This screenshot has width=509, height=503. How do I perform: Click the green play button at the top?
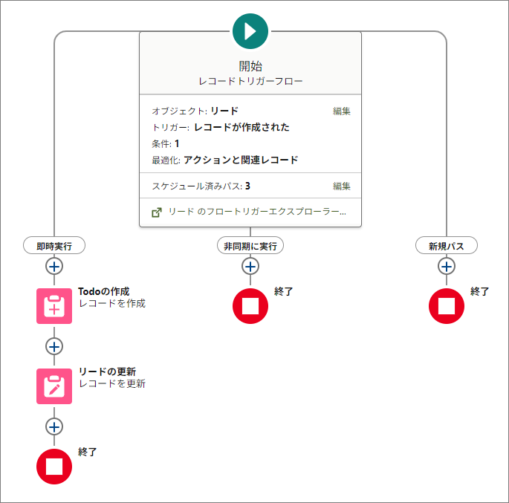pos(250,31)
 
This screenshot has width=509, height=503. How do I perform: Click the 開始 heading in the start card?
pos(250,66)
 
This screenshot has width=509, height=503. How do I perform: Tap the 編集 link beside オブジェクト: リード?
pos(342,111)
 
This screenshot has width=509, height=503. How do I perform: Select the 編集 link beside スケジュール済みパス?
pos(342,186)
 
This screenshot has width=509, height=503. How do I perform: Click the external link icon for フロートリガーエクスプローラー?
pos(157,212)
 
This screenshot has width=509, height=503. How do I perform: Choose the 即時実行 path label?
pos(54,245)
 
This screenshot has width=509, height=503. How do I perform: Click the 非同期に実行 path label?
pos(250,245)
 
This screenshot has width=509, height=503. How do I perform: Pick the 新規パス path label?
pos(447,245)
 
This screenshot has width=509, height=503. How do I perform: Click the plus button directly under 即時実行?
pos(54,266)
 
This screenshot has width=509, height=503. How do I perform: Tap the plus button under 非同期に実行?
pos(250,266)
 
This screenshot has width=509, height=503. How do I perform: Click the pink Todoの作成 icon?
pos(54,306)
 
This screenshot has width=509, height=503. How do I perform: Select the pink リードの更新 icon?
pos(54,386)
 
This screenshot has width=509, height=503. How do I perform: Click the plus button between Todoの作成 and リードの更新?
pos(54,346)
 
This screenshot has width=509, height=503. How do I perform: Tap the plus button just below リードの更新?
pos(54,426)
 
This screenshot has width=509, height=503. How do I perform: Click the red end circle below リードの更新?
pos(54,467)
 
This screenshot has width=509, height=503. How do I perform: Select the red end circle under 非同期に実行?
pos(250,306)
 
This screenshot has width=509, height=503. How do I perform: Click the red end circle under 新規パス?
pos(447,306)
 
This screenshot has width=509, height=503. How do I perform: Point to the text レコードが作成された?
pos(241,127)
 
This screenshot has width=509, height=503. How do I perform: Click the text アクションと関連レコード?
pos(241,160)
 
